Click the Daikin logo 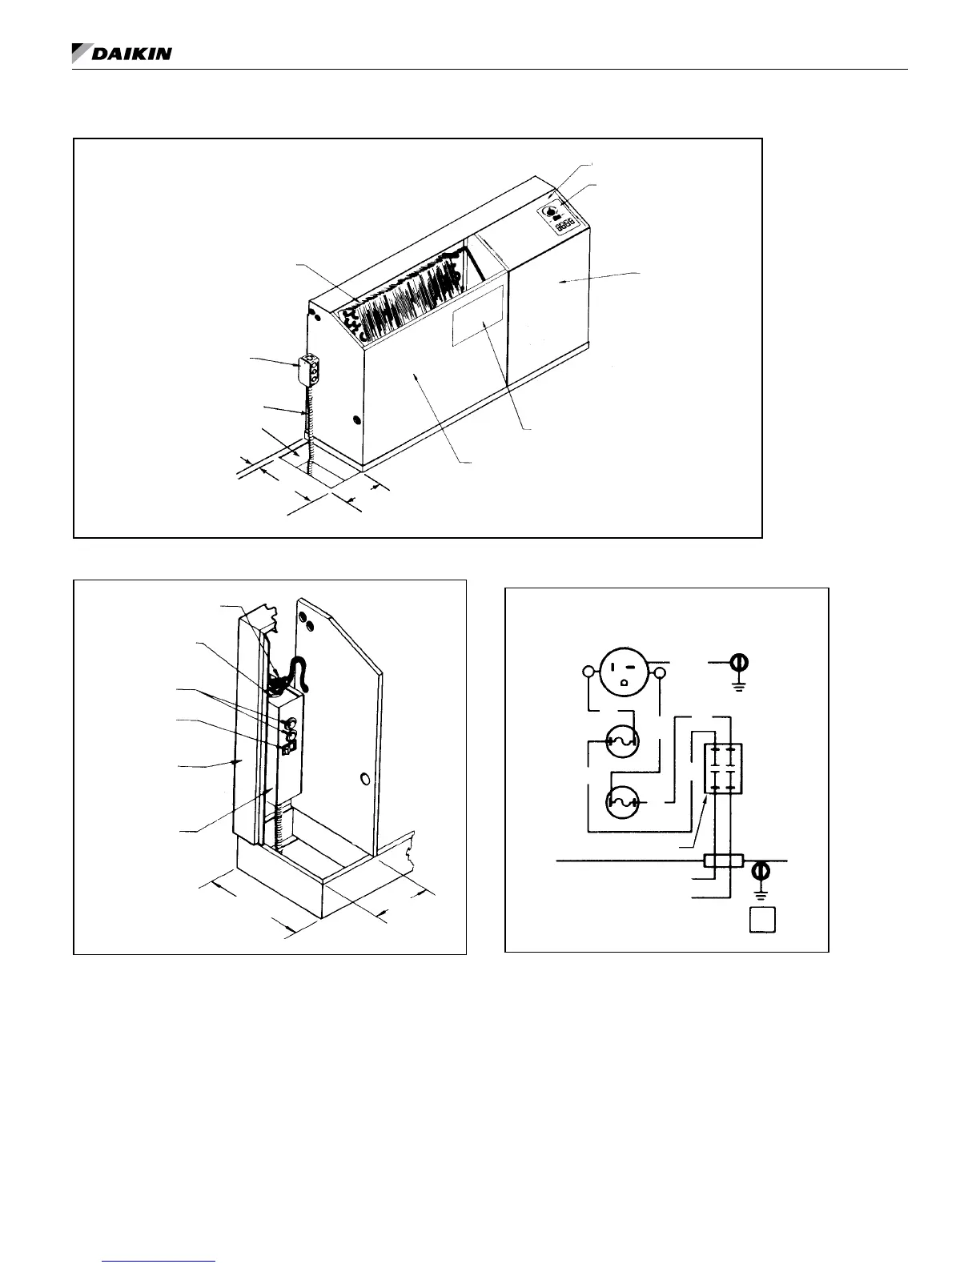tap(122, 54)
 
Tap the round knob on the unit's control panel tap(552, 212)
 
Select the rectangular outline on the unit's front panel tap(478, 315)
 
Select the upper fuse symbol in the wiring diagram tap(624, 742)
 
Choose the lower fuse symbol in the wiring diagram tap(624, 803)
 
